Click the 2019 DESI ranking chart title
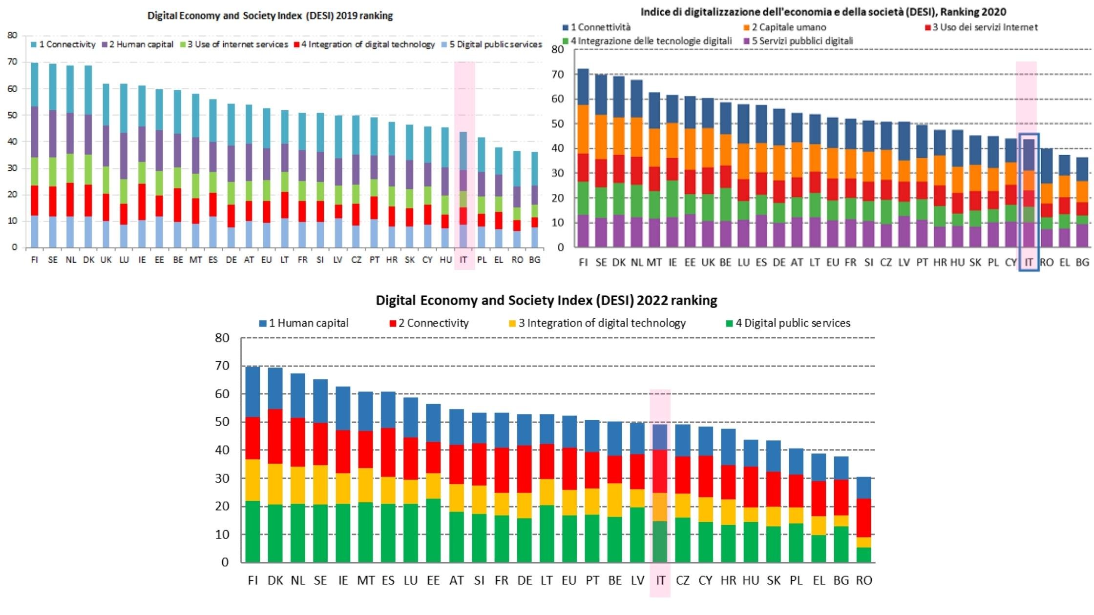[x=270, y=16]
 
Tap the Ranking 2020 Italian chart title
[x=823, y=12]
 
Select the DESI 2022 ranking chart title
[x=546, y=300]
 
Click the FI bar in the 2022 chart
[x=252, y=464]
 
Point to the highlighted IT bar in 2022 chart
[x=660, y=493]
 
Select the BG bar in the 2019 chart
[x=535, y=200]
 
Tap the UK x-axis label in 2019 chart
[x=106, y=260]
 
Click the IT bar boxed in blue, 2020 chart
[x=1029, y=193]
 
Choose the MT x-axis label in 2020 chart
[x=654, y=263]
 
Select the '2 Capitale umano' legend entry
[x=788, y=27]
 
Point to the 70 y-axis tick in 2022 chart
[x=222, y=366]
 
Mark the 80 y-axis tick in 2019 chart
[x=12, y=35]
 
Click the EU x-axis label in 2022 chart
[x=569, y=580]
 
